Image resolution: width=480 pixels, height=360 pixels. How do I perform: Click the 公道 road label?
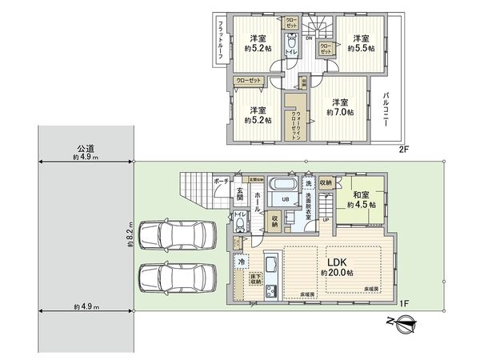pos(86,148)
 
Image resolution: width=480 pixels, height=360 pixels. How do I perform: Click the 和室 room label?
pos(358,193)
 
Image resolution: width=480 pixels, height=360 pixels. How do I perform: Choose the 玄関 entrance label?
pos(240,197)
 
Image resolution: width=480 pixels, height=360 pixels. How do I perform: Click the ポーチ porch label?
pos(222,182)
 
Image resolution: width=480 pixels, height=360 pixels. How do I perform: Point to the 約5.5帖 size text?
pos(359,48)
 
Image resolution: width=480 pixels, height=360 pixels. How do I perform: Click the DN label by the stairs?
pos(309,38)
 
